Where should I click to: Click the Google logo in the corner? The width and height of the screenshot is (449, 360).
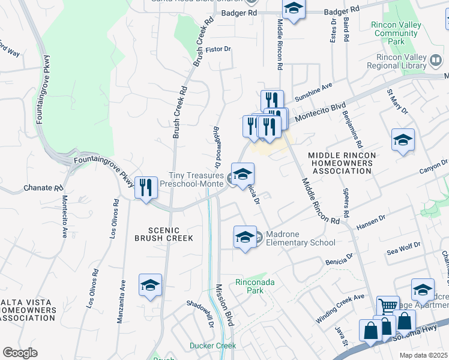click(20, 353)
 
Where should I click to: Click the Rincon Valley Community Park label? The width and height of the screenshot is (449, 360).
click(396, 34)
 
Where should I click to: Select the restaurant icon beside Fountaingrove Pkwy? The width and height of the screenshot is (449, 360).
click(145, 188)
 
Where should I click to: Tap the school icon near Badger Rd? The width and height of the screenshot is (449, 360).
click(293, 9)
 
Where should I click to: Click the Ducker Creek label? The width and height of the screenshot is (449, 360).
click(212, 346)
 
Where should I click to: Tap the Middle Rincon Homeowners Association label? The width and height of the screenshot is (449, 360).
click(342, 163)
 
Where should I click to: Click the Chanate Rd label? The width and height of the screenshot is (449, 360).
click(43, 188)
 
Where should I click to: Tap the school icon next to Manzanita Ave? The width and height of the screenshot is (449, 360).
click(150, 286)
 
